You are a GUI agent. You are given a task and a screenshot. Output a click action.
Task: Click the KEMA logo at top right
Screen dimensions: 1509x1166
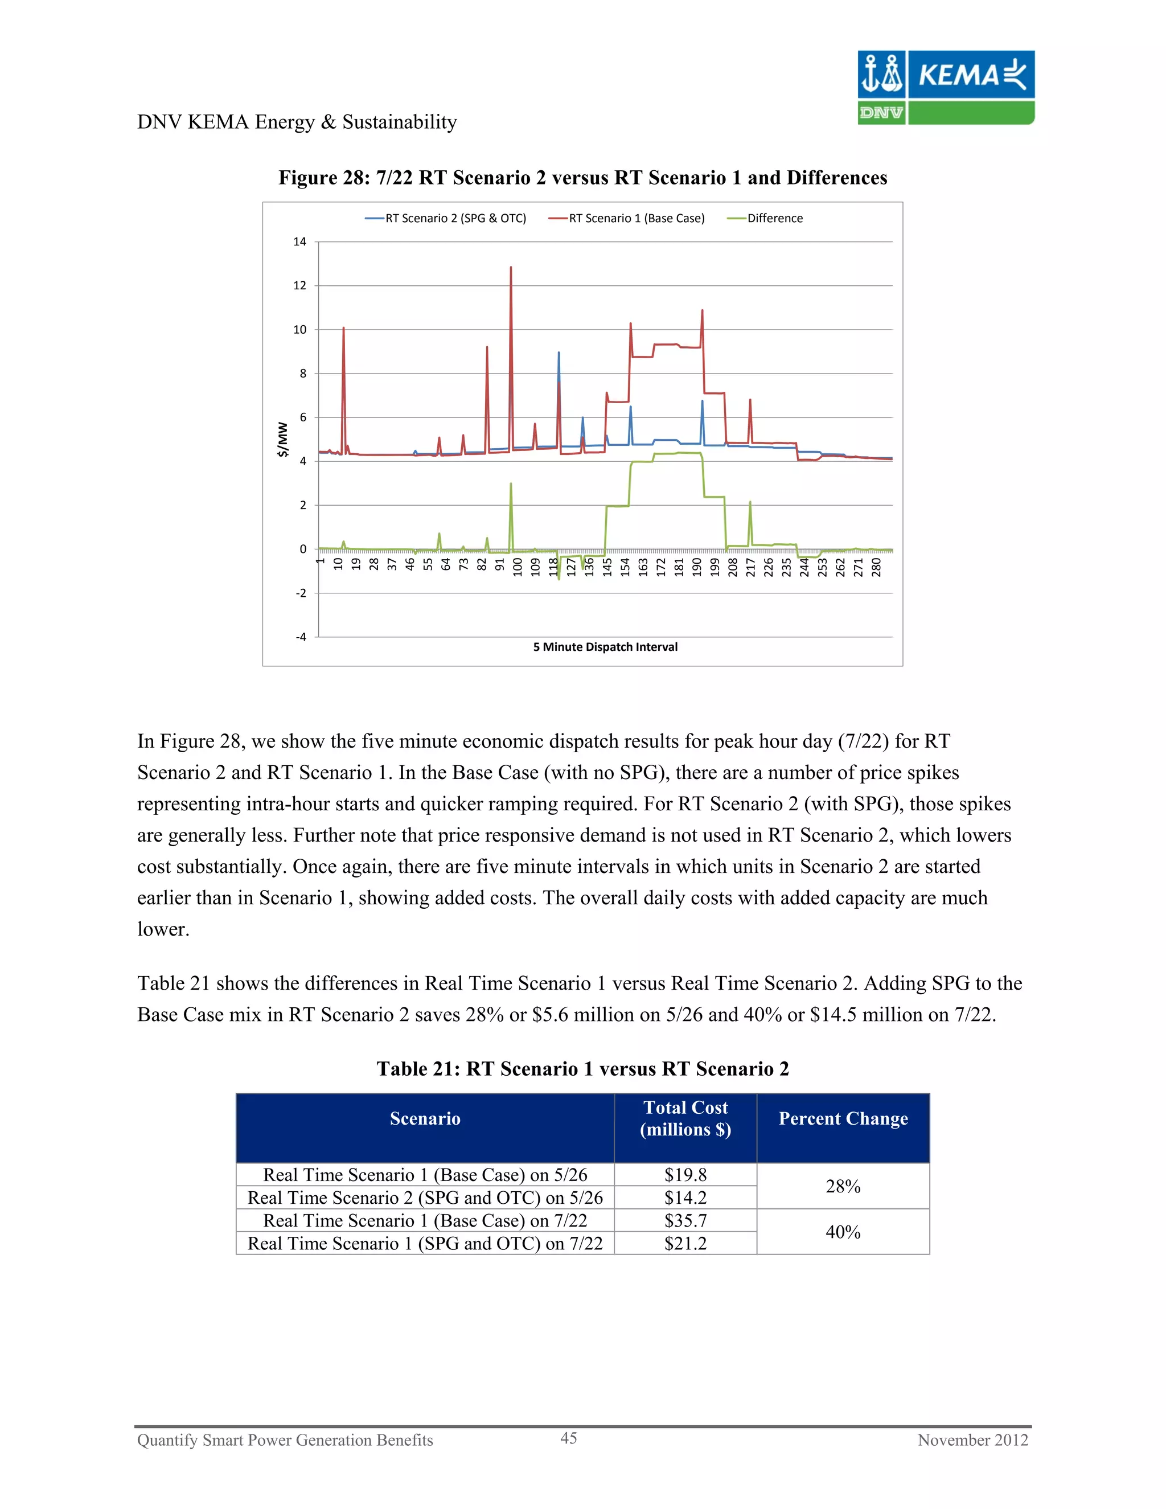click(x=946, y=87)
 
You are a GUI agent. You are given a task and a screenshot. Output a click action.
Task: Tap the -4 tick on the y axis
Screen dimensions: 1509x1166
click(x=301, y=637)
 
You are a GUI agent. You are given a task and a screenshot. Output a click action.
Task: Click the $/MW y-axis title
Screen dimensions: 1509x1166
click(x=282, y=440)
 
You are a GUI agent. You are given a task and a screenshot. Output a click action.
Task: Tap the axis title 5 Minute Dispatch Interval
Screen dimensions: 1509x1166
click(x=605, y=647)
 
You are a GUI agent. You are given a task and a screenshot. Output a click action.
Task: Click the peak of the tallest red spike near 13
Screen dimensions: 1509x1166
click(x=511, y=268)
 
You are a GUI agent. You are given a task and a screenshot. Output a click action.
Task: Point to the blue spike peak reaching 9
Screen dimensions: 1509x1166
click(x=559, y=352)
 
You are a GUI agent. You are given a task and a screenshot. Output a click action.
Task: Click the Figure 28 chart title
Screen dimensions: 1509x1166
click(x=582, y=178)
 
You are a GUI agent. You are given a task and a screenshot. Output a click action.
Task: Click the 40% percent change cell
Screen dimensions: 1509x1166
click(x=843, y=1232)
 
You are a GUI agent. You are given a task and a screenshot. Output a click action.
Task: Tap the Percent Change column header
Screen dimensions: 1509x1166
click(x=843, y=1118)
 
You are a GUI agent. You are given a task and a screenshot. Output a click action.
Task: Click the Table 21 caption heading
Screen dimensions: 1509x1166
click(x=582, y=1069)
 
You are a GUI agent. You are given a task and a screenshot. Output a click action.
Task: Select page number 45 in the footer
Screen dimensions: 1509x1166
click(x=569, y=1438)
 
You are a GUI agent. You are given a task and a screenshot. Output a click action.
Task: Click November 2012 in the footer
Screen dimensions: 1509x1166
click(x=972, y=1440)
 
